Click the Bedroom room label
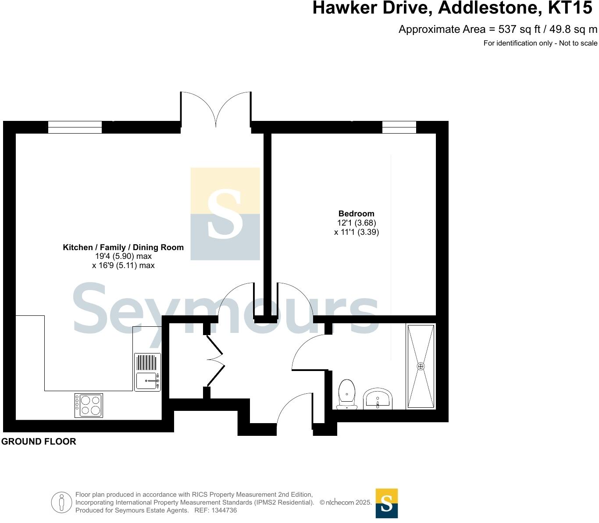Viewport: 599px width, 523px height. coord(356,214)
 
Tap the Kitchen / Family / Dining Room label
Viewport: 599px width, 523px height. coord(123,247)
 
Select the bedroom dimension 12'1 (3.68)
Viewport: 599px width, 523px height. coord(356,223)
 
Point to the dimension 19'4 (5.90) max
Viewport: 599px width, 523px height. coord(123,256)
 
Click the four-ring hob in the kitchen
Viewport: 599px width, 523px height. coord(89,405)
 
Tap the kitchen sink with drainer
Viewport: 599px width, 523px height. coord(147,372)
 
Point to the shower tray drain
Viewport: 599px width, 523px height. coord(421,366)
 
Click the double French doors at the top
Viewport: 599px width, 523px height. coord(216,110)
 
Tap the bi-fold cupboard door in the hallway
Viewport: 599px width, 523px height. coord(215,359)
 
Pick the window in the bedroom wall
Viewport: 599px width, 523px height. coord(399,127)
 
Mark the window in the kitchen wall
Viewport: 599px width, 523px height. coord(75,127)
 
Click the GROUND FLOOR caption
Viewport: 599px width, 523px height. coord(39,442)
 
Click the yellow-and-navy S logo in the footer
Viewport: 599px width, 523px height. coord(386,503)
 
